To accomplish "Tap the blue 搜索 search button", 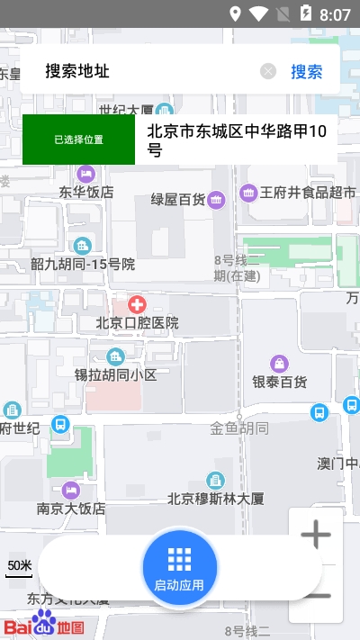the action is pyautogui.click(x=306, y=72).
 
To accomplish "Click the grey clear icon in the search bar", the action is pyautogui.click(x=268, y=72).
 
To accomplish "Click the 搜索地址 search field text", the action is pyautogui.click(x=77, y=71).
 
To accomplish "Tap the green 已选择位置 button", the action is pyautogui.click(x=78, y=140).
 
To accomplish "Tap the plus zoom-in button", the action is pyautogui.click(x=316, y=536).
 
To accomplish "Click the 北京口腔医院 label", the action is pyautogui.click(x=137, y=322).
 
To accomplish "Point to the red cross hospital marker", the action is pyautogui.click(x=137, y=304).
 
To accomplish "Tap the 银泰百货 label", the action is pyautogui.click(x=279, y=383).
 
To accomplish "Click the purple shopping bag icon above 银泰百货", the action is pyautogui.click(x=280, y=363).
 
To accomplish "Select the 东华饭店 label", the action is pyautogui.click(x=86, y=192).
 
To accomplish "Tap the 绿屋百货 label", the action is pyautogui.click(x=177, y=199).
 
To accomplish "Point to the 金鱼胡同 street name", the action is pyautogui.click(x=239, y=428).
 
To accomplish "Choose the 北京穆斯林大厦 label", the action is pyautogui.click(x=215, y=498).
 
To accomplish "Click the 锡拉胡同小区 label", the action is pyautogui.click(x=115, y=374).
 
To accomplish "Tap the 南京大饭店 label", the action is pyautogui.click(x=71, y=509).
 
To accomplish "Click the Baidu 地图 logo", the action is pyautogui.click(x=44, y=624).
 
